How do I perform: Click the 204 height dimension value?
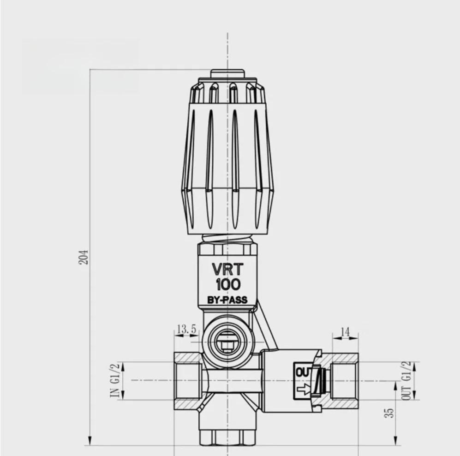(84, 258)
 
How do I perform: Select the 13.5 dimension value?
(186, 329)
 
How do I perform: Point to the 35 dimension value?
(390, 412)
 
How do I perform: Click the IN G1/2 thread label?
(115, 380)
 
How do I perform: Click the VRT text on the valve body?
(227, 269)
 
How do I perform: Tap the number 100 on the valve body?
(227, 284)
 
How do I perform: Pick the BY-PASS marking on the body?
(227, 300)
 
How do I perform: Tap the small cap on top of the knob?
(227, 74)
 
